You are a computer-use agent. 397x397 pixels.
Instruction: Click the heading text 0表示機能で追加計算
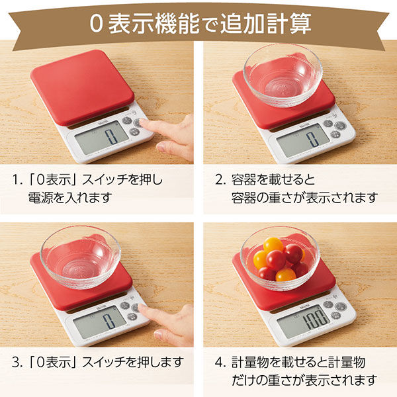click(200, 24)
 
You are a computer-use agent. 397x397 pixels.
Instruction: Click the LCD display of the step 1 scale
click(102, 137)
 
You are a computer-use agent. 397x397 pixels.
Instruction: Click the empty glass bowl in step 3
click(80, 257)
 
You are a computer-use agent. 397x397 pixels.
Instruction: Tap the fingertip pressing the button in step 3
click(141, 308)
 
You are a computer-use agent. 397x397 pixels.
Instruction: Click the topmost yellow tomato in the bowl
click(273, 245)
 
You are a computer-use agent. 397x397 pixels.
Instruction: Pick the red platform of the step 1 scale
click(82, 87)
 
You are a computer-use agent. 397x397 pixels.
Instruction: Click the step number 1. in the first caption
click(17, 180)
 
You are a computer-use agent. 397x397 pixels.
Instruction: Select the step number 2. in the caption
click(220, 180)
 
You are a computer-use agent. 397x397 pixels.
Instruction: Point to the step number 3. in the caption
click(17, 362)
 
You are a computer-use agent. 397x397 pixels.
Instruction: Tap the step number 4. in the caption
click(220, 362)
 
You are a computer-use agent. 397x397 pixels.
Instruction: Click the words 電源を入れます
click(70, 197)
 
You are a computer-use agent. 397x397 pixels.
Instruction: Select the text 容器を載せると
click(273, 180)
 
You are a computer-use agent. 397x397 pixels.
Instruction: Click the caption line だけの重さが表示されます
click(304, 380)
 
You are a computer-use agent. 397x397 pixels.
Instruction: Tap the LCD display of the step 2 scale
click(303, 140)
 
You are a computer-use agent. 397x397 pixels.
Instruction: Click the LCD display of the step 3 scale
click(100, 321)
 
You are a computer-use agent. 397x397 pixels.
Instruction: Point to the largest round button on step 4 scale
click(340, 306)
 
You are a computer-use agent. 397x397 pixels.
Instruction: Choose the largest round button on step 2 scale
click(340, 126)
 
